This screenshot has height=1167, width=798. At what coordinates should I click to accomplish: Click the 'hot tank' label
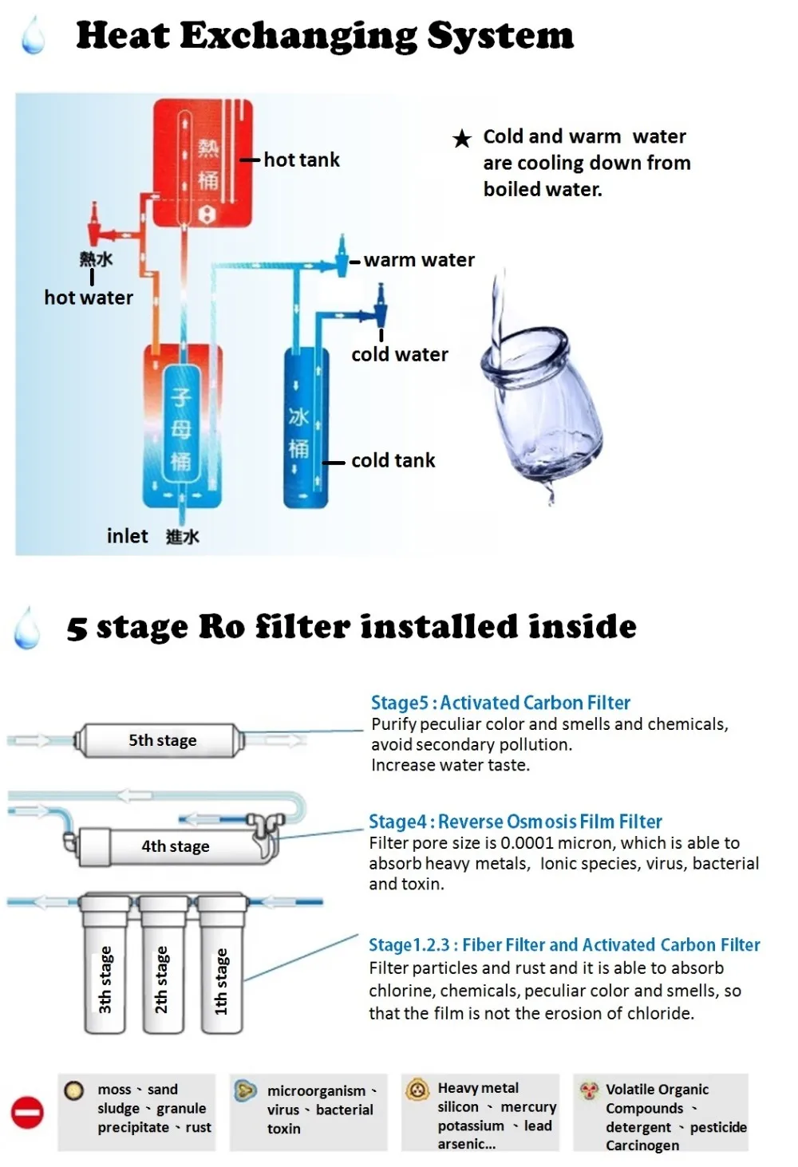coord(301,160)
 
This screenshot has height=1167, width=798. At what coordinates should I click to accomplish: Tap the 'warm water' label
coord(418,260)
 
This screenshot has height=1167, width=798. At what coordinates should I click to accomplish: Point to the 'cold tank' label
coord(393,460)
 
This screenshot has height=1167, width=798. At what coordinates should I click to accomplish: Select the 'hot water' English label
coord(89,298)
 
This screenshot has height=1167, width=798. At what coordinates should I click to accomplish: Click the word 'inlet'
coord(128,536)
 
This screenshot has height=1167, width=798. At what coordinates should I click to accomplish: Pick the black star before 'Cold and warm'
coord(462,139)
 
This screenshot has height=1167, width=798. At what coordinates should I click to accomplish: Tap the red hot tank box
coord(203,164)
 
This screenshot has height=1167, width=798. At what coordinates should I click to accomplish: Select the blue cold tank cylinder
coord(306,428)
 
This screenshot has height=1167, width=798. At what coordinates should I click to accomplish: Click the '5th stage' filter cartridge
coord(160,740)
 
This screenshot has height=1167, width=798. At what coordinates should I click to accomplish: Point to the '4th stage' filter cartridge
coord(176,846)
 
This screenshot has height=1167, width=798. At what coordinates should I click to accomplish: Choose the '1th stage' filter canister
coord(221,969)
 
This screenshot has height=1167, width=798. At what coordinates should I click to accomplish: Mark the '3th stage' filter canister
coord(105,969)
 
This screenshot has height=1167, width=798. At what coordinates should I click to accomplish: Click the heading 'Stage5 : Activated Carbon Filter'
coord(500,703)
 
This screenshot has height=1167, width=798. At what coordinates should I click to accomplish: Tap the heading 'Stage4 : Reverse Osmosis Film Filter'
coord(515,822)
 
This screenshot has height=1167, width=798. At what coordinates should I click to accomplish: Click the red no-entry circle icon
coord(27,1113)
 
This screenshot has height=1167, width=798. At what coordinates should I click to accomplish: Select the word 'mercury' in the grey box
coord(528,1107)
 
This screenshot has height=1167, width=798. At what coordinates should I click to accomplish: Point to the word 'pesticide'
coord(718,1127)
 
